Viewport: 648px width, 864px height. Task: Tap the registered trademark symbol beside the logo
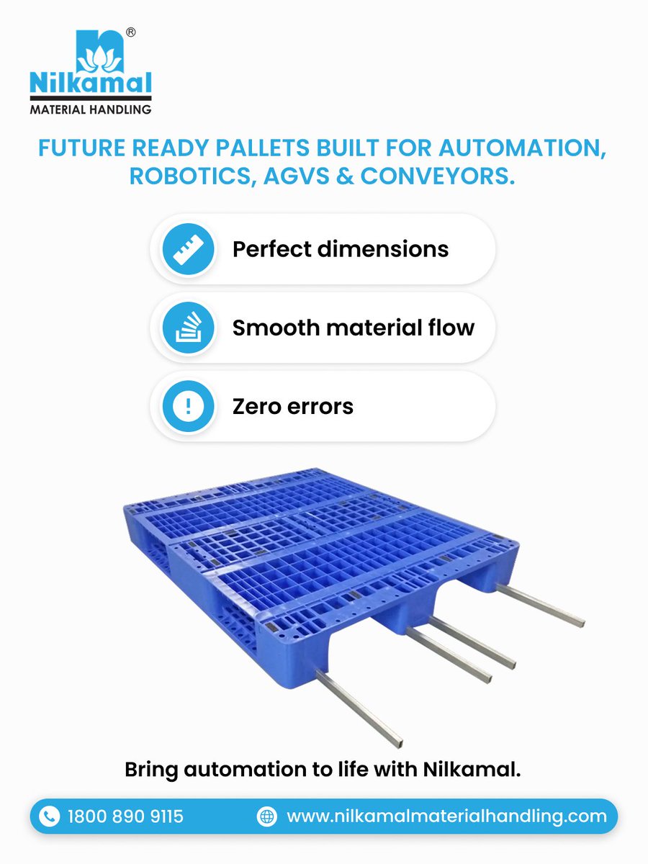132,32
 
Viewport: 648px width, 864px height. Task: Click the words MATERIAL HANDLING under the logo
91,109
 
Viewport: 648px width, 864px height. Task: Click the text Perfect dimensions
340,250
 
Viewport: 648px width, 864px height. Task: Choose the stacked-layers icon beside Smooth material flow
188,328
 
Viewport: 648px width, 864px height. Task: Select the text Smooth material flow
353,328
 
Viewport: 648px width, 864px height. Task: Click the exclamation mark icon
188,407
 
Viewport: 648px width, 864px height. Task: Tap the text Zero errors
292,407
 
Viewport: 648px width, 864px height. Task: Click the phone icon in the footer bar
49,816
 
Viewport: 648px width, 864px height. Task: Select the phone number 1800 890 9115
125,816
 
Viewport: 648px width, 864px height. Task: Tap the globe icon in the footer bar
267,816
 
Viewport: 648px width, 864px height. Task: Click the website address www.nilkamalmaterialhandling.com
446,816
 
